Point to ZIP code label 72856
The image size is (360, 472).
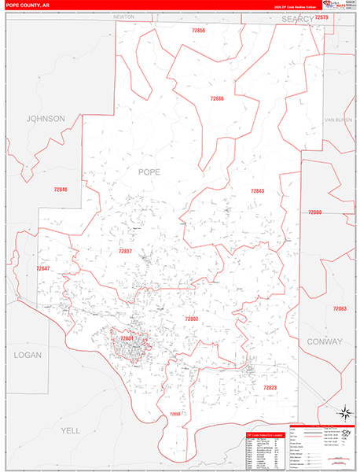[198, 30]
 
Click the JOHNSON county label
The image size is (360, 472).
[45, 119]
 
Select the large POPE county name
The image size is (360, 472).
[149, 171]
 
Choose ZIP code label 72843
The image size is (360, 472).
[258, 191]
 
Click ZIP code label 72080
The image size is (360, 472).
[315, 212]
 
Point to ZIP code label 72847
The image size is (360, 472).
[42, 269]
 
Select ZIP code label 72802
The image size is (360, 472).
[191, 319]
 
